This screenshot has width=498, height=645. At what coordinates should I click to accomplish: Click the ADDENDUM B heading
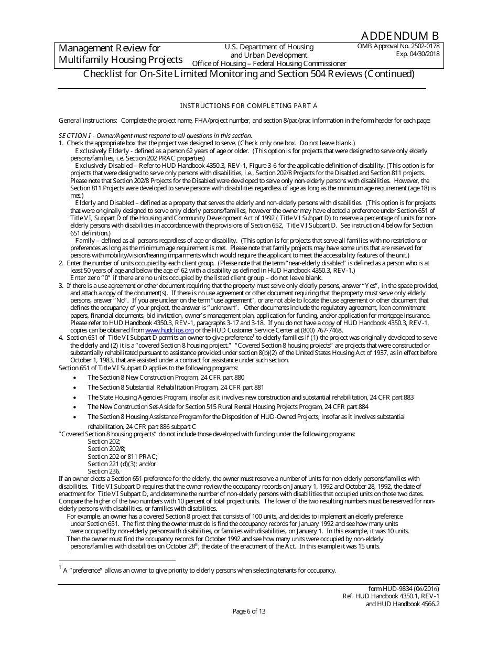pos(400,36)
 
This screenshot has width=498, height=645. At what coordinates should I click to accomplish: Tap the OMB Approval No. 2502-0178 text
pos(398,46)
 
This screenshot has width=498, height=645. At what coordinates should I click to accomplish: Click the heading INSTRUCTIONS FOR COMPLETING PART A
pos(248,106)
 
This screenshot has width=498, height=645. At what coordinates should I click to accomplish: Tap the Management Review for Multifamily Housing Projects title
pos(121,54)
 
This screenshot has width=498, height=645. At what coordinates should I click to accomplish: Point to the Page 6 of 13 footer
pos(249,611)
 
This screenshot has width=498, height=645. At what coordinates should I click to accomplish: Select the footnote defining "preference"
pos(199,571)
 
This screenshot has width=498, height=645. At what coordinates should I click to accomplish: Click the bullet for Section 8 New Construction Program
pos(76,378)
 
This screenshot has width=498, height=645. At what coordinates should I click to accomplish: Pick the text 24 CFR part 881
pos(241,388)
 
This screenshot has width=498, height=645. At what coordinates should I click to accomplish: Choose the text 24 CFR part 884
pos(345,407)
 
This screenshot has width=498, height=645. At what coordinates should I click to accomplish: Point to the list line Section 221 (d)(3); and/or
pos(122,464)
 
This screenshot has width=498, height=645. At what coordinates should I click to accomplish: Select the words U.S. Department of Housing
pos(269,47)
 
